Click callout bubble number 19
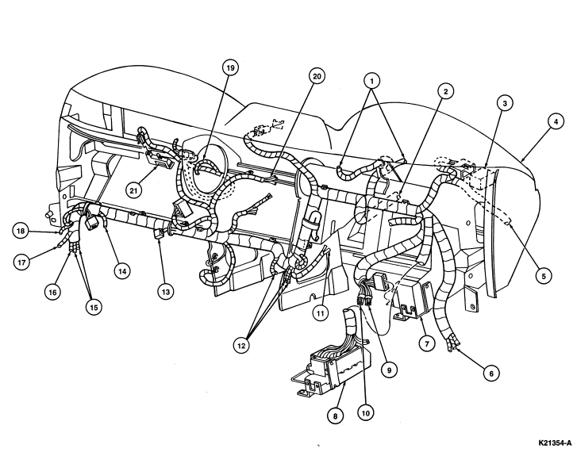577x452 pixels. (x=230, y=67)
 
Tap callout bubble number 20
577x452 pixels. (x=317, y=76)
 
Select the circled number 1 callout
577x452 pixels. (x=371, y=81)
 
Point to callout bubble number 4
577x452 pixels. (x=556, y=122)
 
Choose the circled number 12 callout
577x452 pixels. (x=241, y=346)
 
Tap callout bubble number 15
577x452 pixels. (x=94, y=307)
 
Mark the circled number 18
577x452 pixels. (x=21, y=231)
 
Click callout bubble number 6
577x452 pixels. (x=491, y=373)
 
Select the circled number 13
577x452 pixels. (x=165, y=292)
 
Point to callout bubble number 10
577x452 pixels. (x=365, y=413)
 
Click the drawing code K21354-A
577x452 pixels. (x=556, y=442)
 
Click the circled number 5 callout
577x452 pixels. (x=544, y=275)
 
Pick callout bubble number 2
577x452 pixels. (x=445, y=91)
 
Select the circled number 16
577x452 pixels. (x=52, y=292)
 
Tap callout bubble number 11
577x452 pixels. (x=320, y=313)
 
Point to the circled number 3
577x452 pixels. (x=505, y=104)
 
